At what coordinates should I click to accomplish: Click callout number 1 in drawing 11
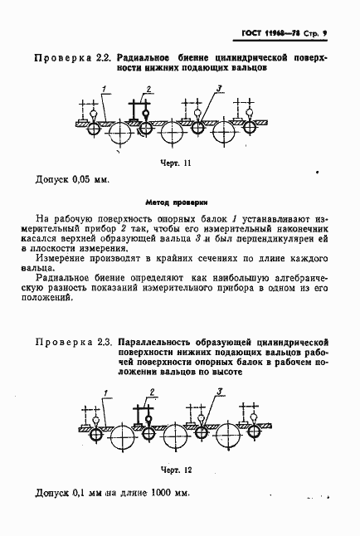click(x=105, y=87)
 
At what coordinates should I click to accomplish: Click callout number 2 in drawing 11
click(x=149, y=89)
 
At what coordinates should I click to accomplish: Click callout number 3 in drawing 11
click(x=217, y=87)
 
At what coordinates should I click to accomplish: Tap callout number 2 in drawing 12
click(x=151, y=391)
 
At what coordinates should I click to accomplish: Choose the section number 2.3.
click(x=103, y=342)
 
